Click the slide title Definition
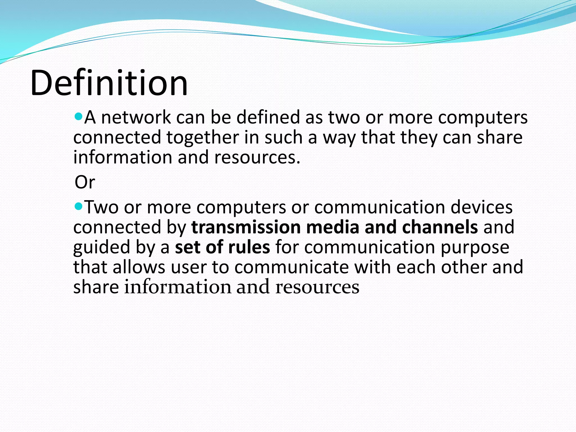(109, 83)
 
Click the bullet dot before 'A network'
(78, 116)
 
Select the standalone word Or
(85, 182)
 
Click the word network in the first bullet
(136, 118)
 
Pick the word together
(202, 138)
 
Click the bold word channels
(440, 227)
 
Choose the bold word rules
(249, 247)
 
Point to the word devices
(481, 207)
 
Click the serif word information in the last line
(177, 287)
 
